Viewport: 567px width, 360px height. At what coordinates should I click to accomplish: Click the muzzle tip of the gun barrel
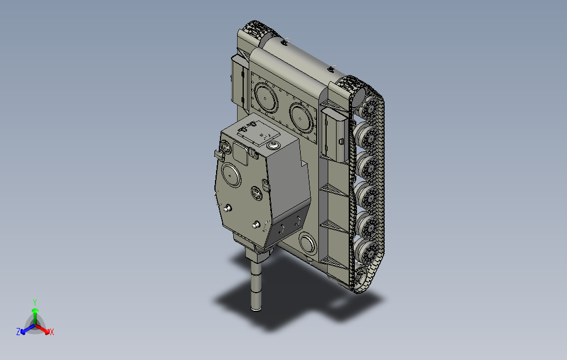click(x=256, y=308)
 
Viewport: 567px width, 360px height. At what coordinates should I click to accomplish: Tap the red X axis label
click(x=52, y=332)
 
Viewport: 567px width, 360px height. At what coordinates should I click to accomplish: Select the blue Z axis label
click(x=18, y=331)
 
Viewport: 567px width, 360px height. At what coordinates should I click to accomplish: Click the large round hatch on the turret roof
click(x=231, y=175)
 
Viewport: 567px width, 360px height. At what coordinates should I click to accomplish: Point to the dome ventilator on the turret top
click(x=273, y=145)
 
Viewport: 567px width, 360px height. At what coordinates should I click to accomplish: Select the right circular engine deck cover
click(x=302, y=118)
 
